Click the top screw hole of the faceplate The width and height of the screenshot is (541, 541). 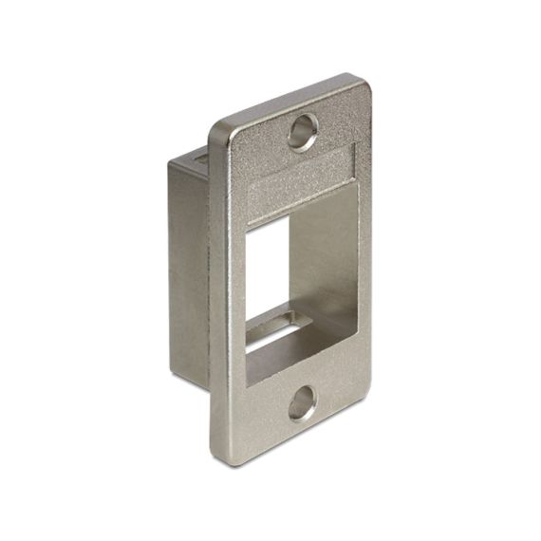coord(303,131)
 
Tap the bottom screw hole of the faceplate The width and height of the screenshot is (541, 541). coord(302,402)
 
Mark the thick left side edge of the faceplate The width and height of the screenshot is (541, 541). coord(214,285)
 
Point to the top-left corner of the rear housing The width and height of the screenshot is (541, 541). coord(171,163)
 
